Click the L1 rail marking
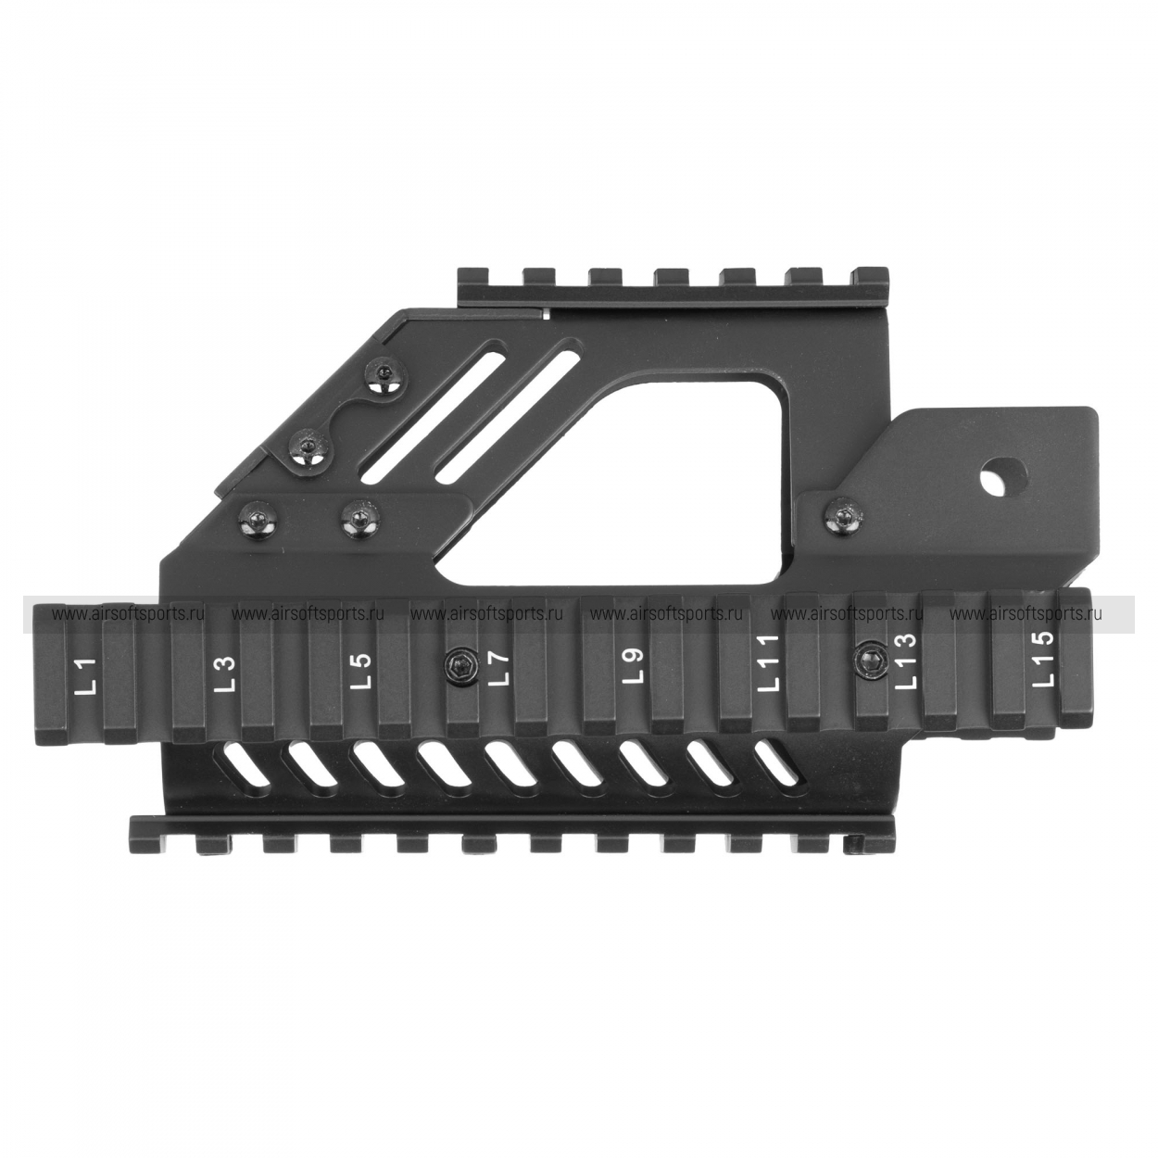coord(88,676)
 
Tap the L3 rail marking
coord(225,673)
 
